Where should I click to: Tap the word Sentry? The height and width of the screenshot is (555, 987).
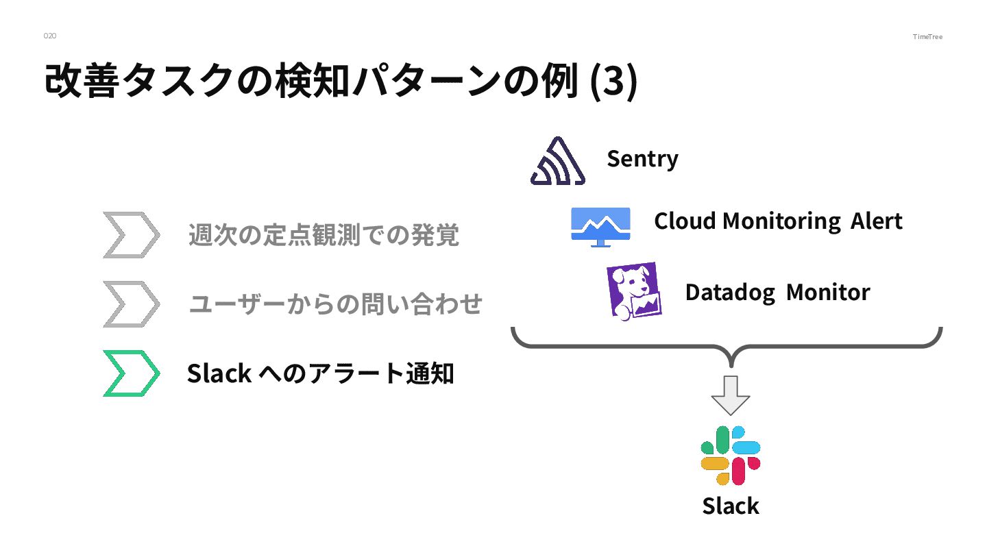click(x=642, y=159)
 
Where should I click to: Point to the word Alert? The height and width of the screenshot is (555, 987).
click(x=877, y=221)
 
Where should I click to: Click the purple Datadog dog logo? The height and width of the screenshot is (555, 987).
click(x=633, y=291)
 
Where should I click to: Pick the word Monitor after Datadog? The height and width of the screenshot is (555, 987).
click(x=827, y=293)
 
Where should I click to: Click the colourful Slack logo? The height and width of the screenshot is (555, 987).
click(x=730, y=456)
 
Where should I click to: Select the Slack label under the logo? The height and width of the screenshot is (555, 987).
click(x=730, y=506)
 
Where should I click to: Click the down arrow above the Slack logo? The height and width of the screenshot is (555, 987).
click(x=731, y=395)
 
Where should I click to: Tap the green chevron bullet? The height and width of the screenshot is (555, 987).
click(x=131, y=373)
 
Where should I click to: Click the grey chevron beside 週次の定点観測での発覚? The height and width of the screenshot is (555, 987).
click(x=131, y=235)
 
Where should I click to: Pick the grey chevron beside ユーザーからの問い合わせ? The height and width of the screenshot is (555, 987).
click(x=131, y=304)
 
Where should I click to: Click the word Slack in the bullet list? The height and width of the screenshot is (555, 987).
click(x=218, y=374)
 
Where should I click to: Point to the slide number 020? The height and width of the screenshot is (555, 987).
click(x=50, y=36)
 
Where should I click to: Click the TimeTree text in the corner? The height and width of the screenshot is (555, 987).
click(x=927, y=36)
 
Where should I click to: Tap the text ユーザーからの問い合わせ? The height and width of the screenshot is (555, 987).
click(x=335, y=304)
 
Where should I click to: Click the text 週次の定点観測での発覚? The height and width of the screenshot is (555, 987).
click(x=324, y=236)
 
